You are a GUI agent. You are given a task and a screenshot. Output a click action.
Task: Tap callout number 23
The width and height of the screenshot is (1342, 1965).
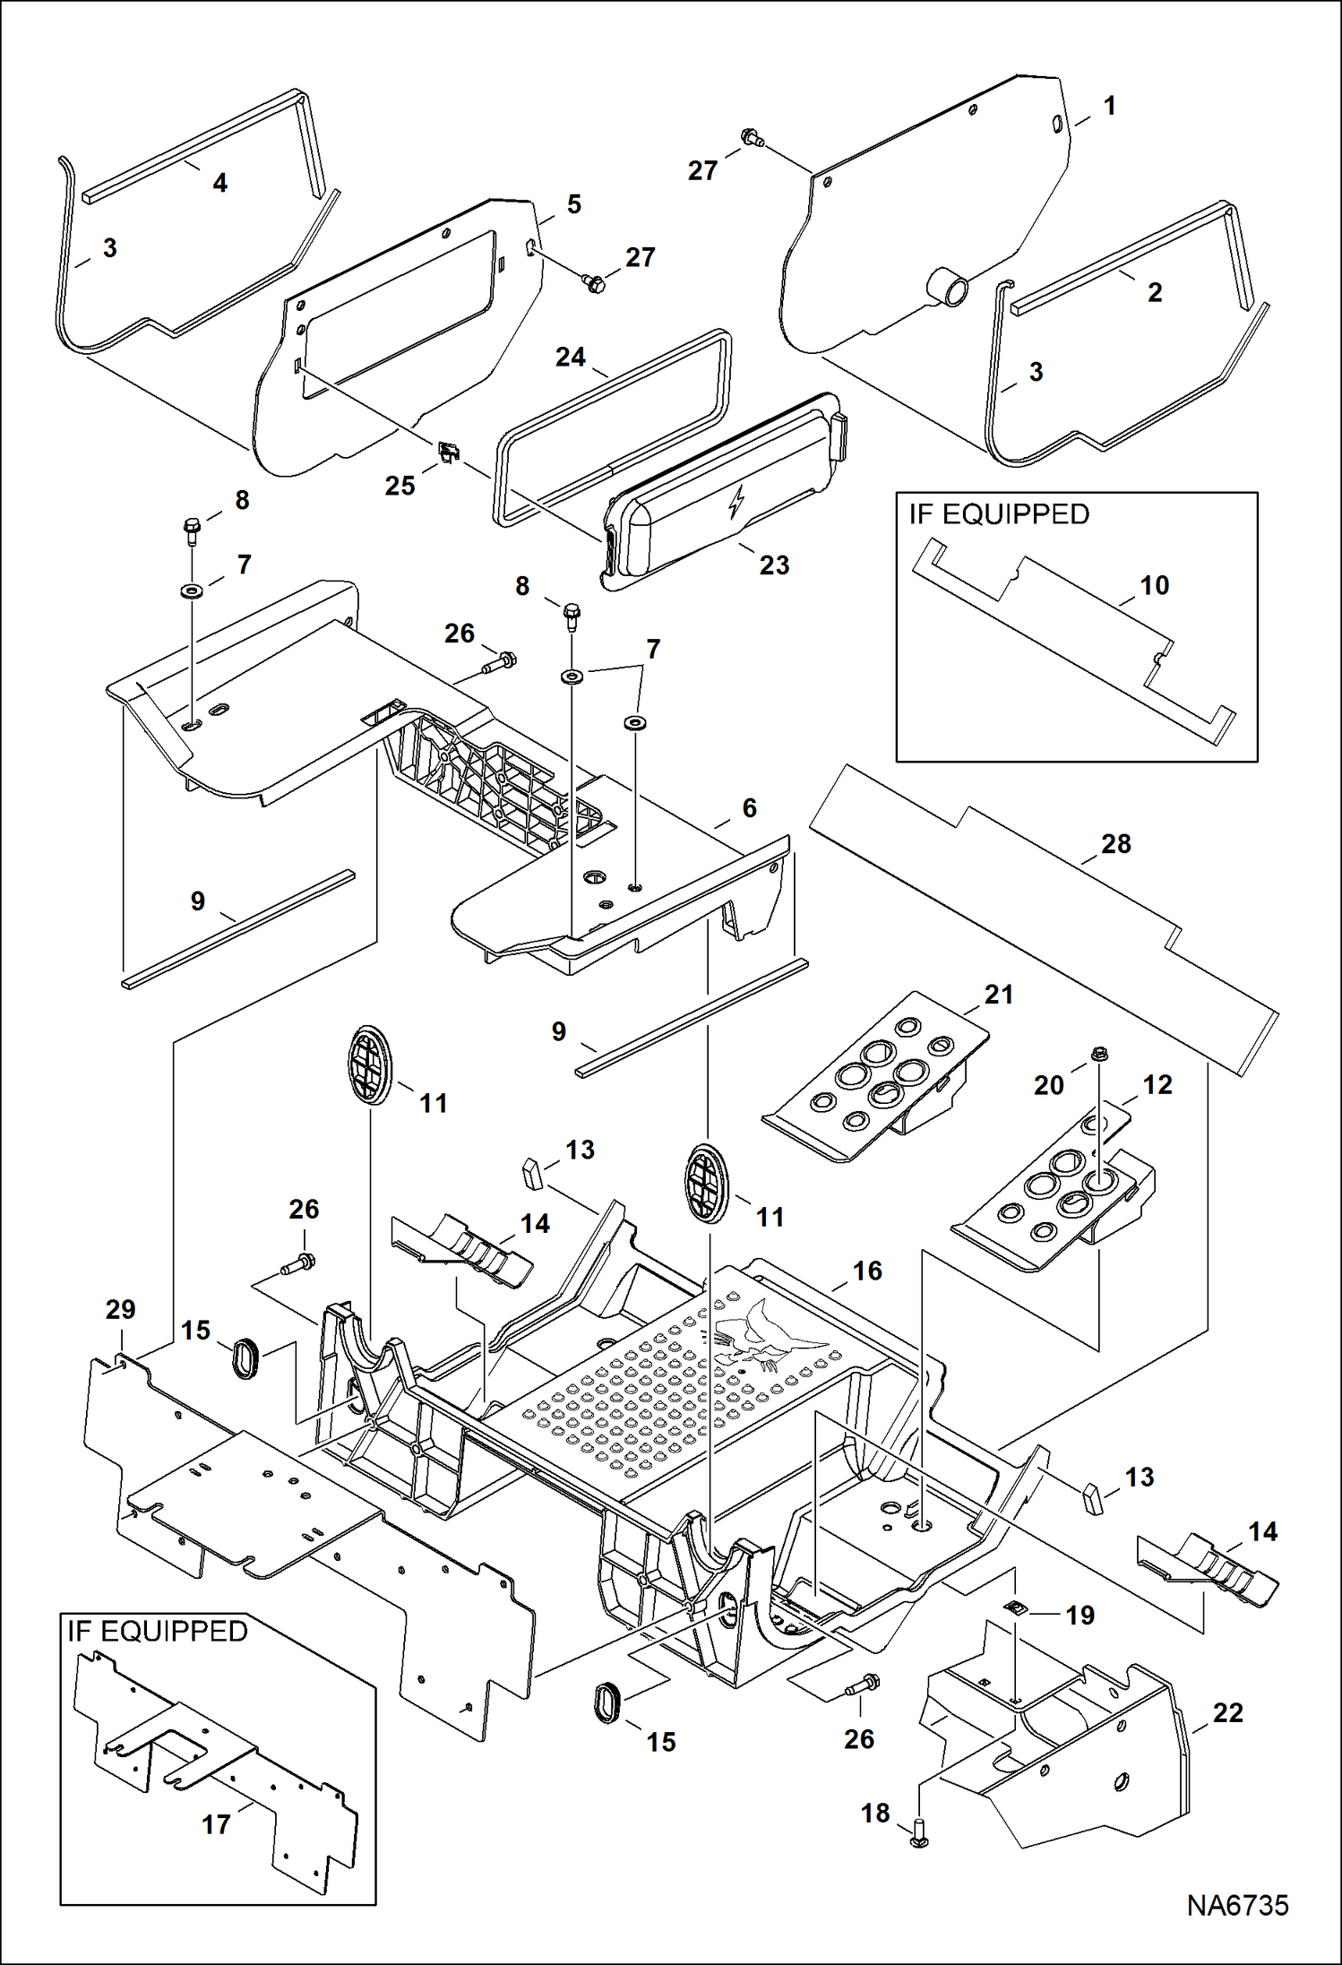pos(774,565)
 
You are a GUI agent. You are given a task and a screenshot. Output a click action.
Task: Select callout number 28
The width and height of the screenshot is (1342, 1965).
pos(1115,843)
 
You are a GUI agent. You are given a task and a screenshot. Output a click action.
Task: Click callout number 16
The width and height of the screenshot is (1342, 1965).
pos(866,1270)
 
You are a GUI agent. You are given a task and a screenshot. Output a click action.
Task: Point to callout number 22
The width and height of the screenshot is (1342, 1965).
pos(1227,1712)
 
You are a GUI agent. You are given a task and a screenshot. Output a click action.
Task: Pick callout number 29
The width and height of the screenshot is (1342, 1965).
pos(120,1309)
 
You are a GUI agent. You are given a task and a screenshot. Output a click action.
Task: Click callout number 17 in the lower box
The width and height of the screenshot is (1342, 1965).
pos(216,1823)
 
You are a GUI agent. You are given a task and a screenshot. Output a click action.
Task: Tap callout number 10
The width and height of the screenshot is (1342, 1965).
pos(1154,585)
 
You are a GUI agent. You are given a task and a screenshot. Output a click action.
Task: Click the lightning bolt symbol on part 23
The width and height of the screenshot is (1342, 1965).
pos(736,503)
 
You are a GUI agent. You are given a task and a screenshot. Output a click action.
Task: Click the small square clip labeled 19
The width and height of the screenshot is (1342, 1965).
pos(1015,1607)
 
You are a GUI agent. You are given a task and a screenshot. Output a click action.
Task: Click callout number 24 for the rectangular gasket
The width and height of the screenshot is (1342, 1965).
pos(570,357)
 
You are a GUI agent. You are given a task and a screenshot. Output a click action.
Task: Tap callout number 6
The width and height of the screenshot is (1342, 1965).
pos(749,807)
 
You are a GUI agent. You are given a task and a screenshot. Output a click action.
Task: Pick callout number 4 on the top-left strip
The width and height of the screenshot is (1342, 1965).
pos(219,183)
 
